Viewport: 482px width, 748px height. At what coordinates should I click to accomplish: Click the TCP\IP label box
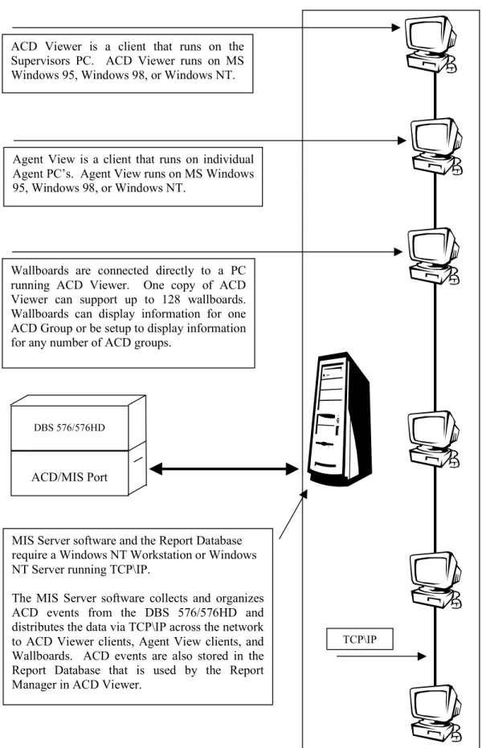(x=359, y=640)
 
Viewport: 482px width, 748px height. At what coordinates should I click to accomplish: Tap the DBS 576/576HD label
(x=69, y=427)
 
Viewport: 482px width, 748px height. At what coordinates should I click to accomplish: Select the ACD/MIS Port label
(x=70, y=477)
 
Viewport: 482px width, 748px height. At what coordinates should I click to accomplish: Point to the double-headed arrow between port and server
(x=224, y=469)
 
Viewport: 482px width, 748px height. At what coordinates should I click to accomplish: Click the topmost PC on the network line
(x=431, y=44)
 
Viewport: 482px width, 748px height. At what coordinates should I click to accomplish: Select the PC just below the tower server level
(x=433, y=439)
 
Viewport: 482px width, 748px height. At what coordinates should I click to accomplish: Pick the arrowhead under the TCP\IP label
(x=422, y=656)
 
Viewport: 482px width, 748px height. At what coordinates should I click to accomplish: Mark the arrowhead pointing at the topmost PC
(x=396, y=27)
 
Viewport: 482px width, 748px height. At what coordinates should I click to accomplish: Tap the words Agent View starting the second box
(x=44, y=159)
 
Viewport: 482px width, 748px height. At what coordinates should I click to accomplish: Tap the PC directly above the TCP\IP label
(x=435, y=580)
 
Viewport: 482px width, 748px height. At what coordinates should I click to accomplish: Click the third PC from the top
(x=433, y=256)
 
